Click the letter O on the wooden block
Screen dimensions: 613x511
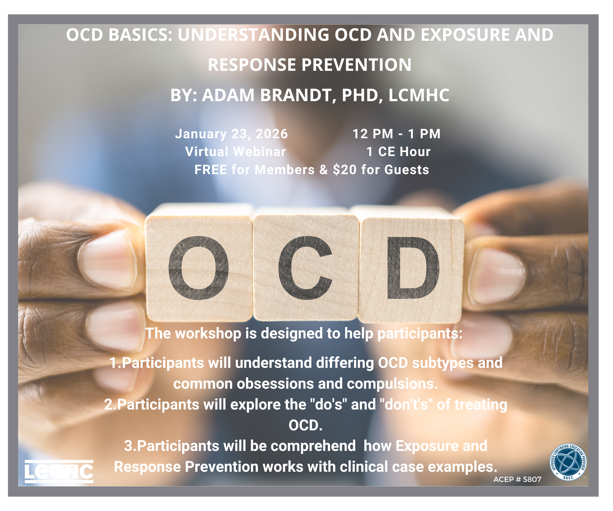(x=198, y=268)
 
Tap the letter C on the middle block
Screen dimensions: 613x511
(x=305, y=268)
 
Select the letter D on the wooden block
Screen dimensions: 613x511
(x=413, y=268)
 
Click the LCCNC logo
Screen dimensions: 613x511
(x=59, y=471)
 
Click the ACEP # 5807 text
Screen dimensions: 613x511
(x=517, y=479)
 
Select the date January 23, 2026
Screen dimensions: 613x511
(x=231, y=134)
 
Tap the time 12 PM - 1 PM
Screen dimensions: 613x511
(x=396, y=134)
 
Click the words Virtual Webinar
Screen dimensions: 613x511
(x=235, y=151)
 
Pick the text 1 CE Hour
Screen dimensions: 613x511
(x=398, y=151)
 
